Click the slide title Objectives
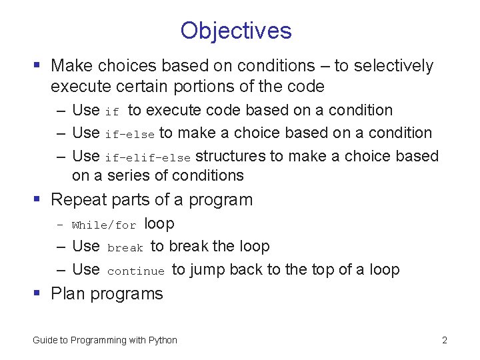[x=236, y=31]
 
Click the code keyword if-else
[x=129, y=135]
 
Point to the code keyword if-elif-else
[x=148, y=158]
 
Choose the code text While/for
[x=104, y=225]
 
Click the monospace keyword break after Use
[x=125, y=248]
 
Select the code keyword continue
[x=135, y=271]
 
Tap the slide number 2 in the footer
[x=444, y=340]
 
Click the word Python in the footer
[x=163, y=340]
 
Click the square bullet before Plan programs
[x=38, y=294]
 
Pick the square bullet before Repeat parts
[x=38, y=200]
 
